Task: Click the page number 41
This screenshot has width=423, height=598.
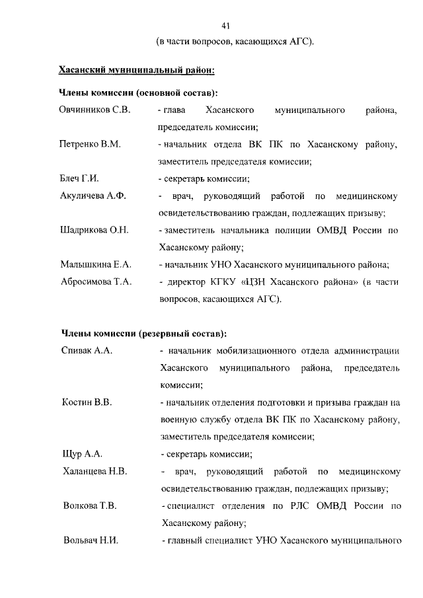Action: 225,26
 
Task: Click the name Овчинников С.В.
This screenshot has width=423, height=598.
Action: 95,109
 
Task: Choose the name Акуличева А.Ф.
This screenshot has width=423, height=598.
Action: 93,196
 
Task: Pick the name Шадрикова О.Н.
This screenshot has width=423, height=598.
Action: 94,231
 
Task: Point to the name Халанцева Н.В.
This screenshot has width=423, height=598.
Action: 95,472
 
